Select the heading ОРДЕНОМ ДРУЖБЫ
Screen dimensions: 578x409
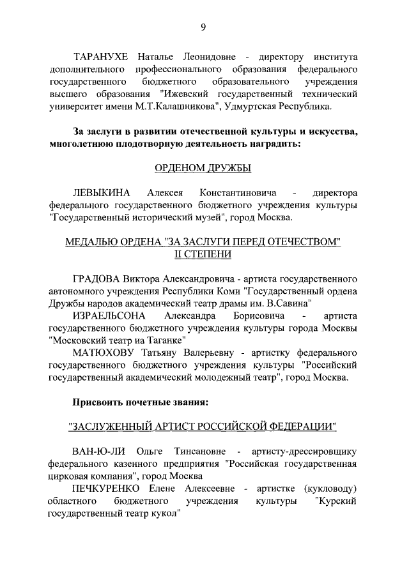203,168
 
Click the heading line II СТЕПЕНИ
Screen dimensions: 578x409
203,254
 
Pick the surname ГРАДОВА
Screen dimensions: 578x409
97,279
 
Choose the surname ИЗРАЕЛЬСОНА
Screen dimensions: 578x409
109,316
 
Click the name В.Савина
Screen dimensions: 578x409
289,304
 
